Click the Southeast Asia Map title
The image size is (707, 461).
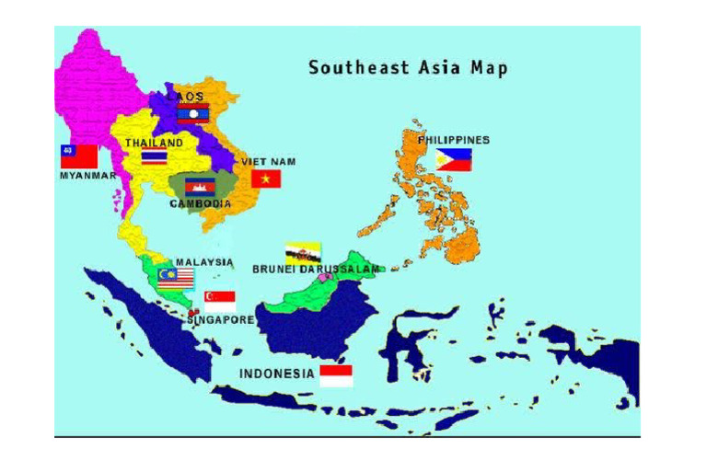click(x=408, y=68)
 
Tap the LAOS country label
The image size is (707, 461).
click(x=185, y=96)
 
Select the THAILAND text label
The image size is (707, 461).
click(x=154, y=143)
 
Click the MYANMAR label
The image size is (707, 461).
click(x=88, y=175)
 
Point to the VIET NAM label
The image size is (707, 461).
click(x=269, y=161)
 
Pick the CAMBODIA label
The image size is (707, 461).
click(x=201, y=203)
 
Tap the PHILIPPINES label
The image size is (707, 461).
click(x=453, y=140)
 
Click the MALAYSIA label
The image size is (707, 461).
click(x=205, y=261)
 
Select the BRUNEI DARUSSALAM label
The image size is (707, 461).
click(x=315, y=269)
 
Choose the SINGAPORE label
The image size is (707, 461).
click(x=221, y=320)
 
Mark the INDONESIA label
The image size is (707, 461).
click(x=276, y=374)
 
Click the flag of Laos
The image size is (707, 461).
click(x=193, y=113)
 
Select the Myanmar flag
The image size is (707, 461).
click(x=79, y=156)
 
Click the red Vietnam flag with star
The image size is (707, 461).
click(x=265, y=178)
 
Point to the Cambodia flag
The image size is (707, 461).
click(x=200, y=187)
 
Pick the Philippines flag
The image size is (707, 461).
click(x=454, y=159)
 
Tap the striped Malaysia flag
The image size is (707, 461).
click(x=175, y=279)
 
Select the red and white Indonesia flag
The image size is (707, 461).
click(x=336, y=375)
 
